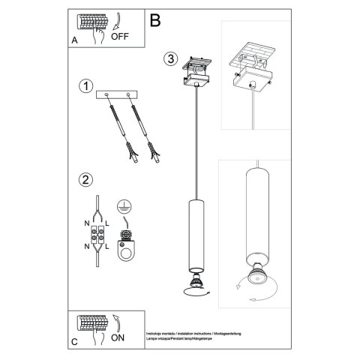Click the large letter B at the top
pos(155,21)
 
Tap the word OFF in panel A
pos(120,35)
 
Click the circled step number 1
pos(86,86)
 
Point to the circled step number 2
pos(86,179)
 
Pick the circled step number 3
pos(171,58)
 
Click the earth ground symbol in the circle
pos(122,205)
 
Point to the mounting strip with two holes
pos(121,94)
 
